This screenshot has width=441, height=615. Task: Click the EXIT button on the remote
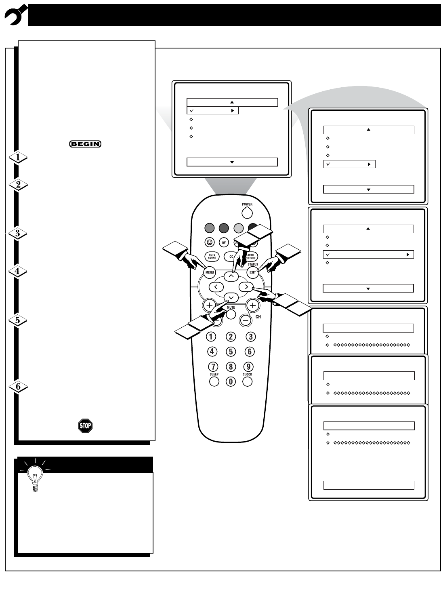pos(253,272)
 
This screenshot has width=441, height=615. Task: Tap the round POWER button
pos(247,213)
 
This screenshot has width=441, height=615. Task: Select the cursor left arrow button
pos(216,287)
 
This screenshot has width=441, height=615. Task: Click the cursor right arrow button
pos(246,287)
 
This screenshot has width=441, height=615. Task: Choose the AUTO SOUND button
pos(212,256)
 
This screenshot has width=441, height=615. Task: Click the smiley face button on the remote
pos(209,242)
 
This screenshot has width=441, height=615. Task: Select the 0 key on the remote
pos(231,381)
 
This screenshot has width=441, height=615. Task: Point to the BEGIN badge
pos(85,143)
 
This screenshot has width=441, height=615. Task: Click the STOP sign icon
pos(85,425)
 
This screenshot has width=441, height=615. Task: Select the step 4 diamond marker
pos(18,272)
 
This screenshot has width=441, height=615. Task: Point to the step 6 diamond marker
pos(18,387)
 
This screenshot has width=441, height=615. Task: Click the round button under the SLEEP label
pos(214,381)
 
